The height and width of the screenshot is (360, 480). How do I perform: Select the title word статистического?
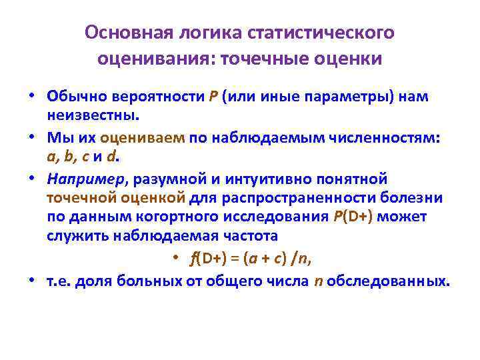(x=321, y=33)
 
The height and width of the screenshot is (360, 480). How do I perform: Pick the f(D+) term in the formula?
(x=207, y=259)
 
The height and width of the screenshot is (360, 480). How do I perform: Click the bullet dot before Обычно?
(x=31, y=96)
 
